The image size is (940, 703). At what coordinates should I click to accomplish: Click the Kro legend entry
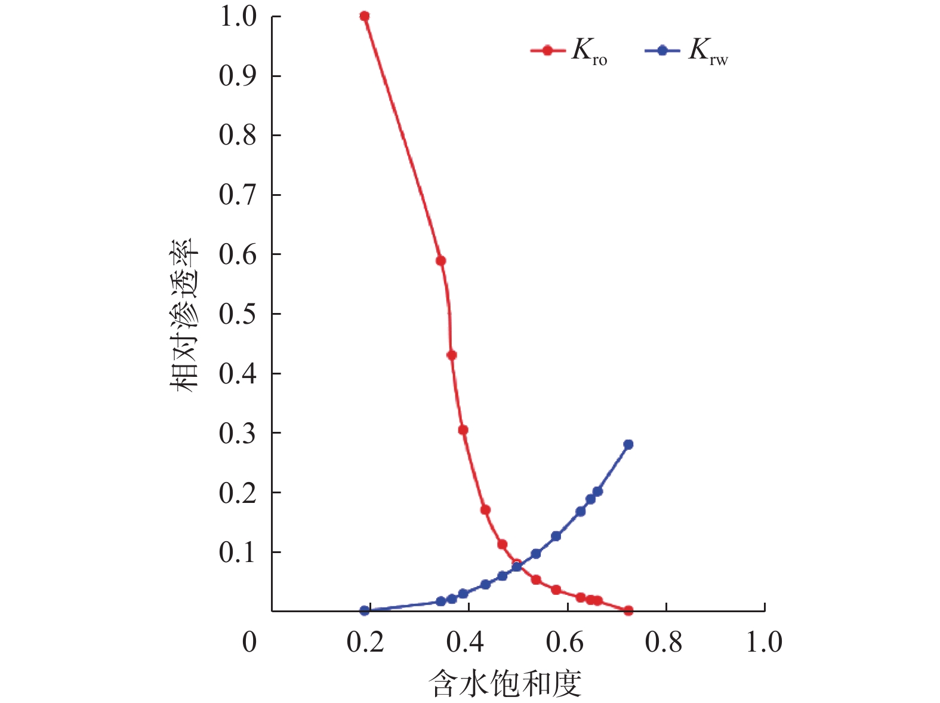[569, 51]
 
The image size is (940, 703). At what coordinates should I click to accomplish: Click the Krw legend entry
[686, 51]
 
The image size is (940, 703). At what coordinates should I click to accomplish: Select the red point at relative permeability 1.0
[365, 16]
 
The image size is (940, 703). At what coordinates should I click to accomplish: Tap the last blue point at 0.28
[628, 444]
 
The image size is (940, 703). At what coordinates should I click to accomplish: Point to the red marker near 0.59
[441, 261]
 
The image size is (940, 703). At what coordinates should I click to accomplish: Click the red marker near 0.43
[452, 355]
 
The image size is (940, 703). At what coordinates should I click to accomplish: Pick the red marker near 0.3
[463, 430]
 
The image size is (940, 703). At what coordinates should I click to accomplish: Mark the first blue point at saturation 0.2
[365, 610]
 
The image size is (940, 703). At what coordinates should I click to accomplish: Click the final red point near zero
[628, 610]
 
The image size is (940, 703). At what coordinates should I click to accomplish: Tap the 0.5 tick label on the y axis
[238, 314]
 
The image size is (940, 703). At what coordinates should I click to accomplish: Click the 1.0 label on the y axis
[238, 17]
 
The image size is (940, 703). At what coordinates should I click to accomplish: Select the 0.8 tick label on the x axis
[664, 643]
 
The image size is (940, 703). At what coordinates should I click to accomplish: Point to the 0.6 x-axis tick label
[565, 643]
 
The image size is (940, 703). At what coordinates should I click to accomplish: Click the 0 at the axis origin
[249, 643]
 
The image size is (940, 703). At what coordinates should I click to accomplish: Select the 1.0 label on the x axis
[764, 643]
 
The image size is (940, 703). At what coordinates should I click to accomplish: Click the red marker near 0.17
[485, 510]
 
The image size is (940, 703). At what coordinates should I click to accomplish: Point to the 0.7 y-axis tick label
[238, 195]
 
